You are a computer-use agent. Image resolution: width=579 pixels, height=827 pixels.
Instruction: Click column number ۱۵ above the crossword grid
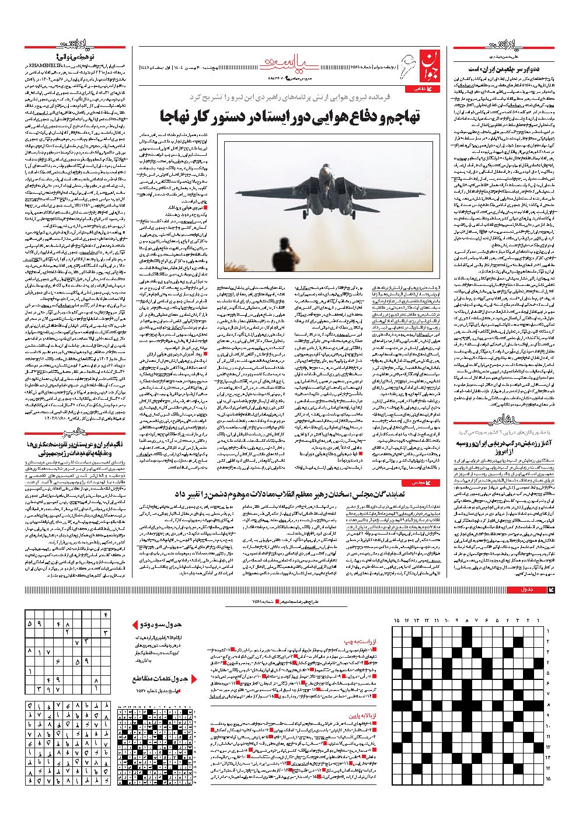coord(397,620)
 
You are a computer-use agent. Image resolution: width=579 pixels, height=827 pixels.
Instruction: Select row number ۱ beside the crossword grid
coord(548,631)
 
